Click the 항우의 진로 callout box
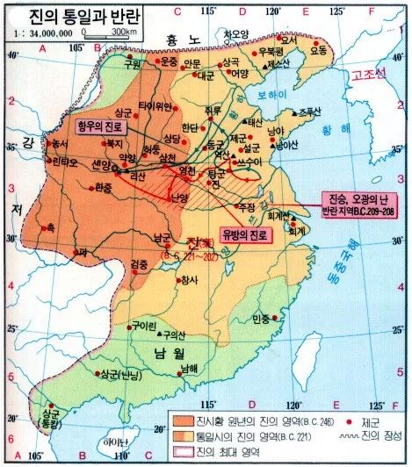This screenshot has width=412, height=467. point(104,126)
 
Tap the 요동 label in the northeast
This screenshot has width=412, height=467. point(321,50)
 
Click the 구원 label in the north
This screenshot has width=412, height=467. point(133,64)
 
